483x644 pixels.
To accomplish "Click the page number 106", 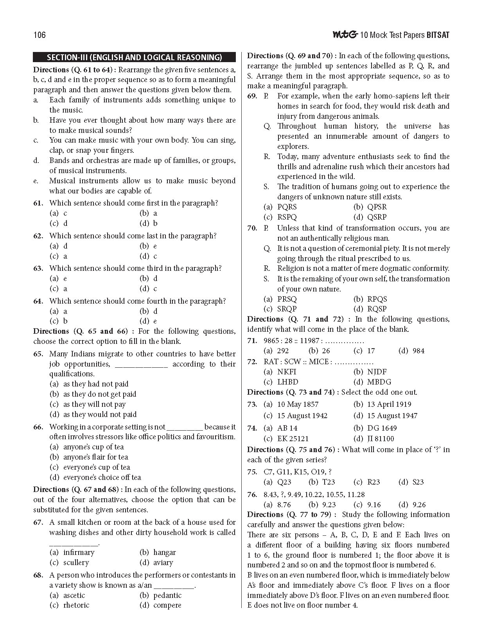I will (x=40, y=35).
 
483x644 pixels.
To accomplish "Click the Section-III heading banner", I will (x=135, y=57).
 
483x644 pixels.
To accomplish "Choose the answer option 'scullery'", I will (x=76, y=562).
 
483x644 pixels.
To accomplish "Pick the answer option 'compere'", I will (x=167, y=605).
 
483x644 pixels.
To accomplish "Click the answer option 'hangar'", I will (x=164, y=552).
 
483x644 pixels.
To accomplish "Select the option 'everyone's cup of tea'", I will (x=96, y=467).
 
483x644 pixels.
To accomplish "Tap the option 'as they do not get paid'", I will (x=99, y=394).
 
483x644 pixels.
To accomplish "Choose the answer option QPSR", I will (x=377, y=207).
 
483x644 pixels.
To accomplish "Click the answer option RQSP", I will (x=377, y=309).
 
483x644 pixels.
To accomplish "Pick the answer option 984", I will (x=418, y=351).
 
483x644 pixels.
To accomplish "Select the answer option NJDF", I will (x=377, y=372).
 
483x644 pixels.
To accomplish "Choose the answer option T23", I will (x=327, y=482).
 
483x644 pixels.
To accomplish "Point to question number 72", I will (x=252, y=362).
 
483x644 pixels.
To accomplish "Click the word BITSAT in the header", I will (x=437, y=35).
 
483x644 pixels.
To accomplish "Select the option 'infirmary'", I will (x=79, y=552).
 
